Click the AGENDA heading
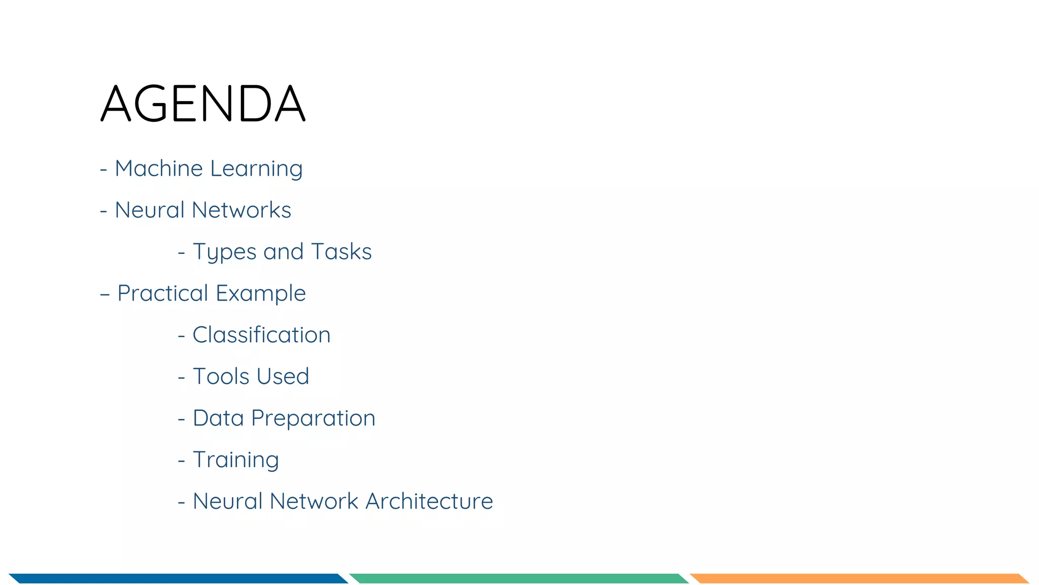tap(203, 104)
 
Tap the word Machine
tap(159, 169)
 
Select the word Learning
tap(256, 169)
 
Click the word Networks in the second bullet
tap(241, 210)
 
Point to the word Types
tap(225, 252)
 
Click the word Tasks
tap(341, 252)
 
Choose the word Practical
tap(163, 294)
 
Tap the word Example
tap(261, 294)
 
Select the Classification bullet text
tap(261, 335)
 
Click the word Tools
tap(221, 377)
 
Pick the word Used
tap(283, 377)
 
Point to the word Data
tap(218, 418)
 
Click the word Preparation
tap(313, 418)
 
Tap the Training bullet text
tap(236, 460)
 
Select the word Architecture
tap(429, 502)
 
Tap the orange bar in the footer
tap(859, 578)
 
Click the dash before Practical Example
tap(105, 294)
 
